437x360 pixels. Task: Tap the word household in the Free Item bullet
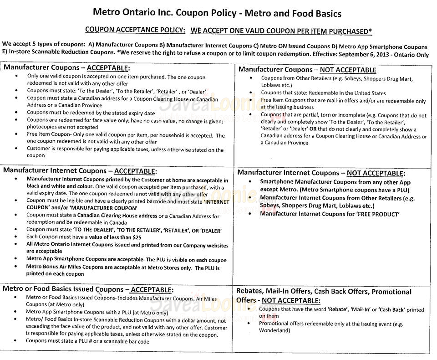pyautogui.click(x=172, y=135)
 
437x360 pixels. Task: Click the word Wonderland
pyautogui.click(x=274, y=330)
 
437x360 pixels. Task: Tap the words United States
pyautogui.click(x=369, y=93)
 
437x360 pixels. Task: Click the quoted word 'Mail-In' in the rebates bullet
pyautogui.click(x=363, y=309)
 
